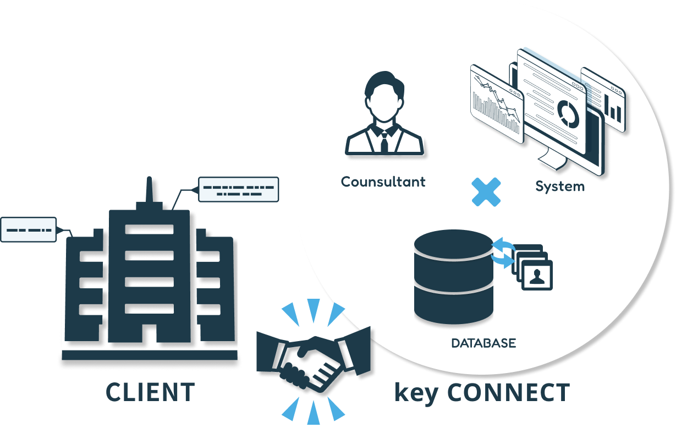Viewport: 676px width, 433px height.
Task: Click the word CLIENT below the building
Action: (150, 392)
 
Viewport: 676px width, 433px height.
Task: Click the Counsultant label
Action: (383, 182)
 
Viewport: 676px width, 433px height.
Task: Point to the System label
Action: (560, 186)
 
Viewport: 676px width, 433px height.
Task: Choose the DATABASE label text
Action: (483, 343)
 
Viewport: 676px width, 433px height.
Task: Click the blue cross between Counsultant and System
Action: (486, 191)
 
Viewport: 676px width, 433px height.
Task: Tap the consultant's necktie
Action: (384, 142)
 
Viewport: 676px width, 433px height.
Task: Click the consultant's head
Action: (384, 99)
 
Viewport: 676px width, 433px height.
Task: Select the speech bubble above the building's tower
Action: (238, 189)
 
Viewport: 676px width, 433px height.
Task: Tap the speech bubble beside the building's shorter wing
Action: (29, 229)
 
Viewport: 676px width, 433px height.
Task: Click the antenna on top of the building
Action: (149, 190)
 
